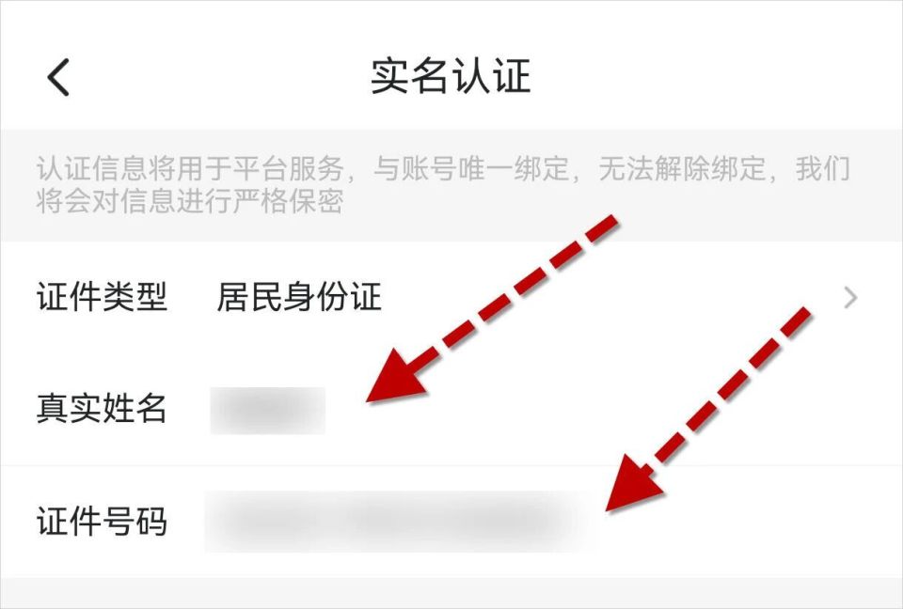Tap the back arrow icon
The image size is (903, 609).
point(58,77)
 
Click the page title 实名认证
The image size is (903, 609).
point(451,76)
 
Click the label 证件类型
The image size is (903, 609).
point(102,298)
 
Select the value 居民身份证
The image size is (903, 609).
point(299,298)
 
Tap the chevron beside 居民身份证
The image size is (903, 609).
point(850,298)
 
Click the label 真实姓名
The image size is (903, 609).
point(102,409)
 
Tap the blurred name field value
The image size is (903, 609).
point(267,410)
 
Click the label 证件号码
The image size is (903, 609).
point(102,521)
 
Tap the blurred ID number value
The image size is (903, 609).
point(400,520)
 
